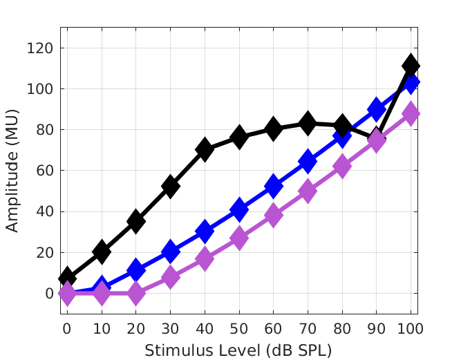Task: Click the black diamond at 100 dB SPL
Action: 411,66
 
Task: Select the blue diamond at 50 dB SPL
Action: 239,209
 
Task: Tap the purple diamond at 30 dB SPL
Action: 170,277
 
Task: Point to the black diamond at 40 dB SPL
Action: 205,149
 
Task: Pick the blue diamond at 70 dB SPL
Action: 308,162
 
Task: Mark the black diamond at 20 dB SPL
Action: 136,221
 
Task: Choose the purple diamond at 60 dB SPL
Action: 273,216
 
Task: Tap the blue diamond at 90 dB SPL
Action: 377,109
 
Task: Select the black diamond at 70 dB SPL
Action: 308,124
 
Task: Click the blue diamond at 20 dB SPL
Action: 136,270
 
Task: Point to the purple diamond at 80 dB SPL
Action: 342,167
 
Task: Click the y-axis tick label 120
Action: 41,48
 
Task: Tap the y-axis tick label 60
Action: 44,171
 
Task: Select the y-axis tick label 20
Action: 44,253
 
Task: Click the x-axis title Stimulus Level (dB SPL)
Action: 238,350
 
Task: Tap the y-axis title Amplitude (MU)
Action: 13,171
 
